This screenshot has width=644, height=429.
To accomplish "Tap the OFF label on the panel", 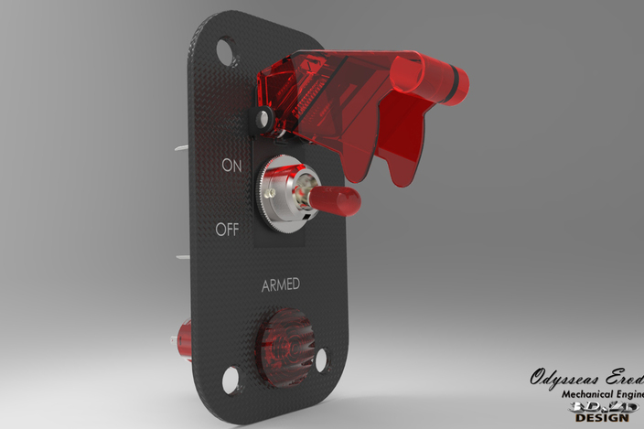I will (227, 230).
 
